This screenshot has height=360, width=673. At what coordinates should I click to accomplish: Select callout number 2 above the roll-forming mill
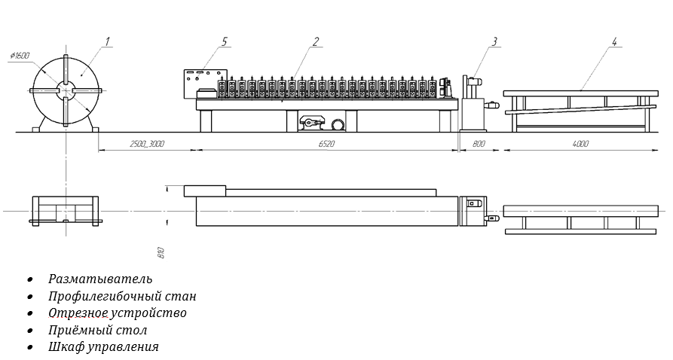pos(317,41)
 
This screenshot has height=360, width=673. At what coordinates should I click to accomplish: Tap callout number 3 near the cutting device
pos(494,41)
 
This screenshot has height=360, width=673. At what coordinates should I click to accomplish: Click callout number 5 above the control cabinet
pos(225,41)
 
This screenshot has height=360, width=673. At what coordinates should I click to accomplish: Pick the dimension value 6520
pos(326,144)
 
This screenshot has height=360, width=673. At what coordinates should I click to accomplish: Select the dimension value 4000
pos(580,144)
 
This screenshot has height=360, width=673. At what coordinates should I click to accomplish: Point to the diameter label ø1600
pos(20,55)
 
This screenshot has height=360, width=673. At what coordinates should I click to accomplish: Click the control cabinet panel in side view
pos(200,82)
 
